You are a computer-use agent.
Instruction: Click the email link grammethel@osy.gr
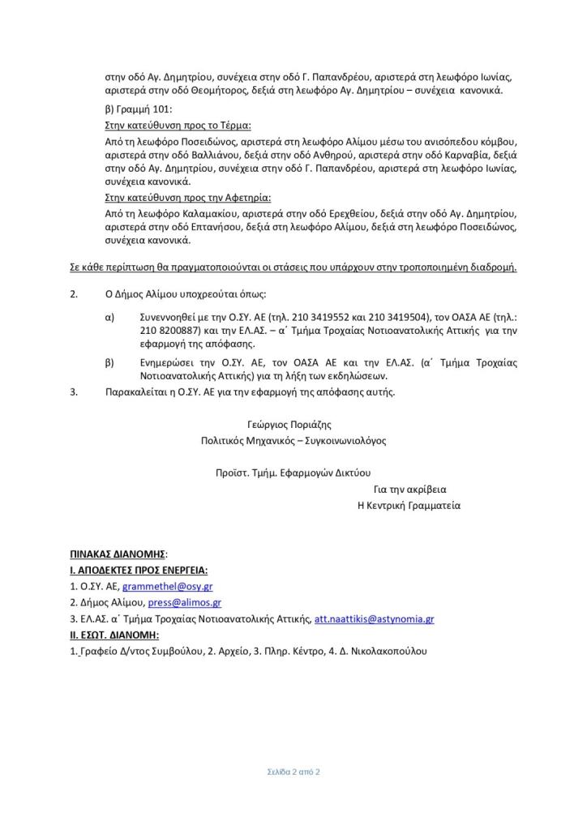pos(167,585)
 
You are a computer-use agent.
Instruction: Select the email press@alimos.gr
pos(188,602)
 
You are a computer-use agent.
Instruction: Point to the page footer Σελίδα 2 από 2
pos(293,772)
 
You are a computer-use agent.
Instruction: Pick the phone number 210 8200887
pos(165,331)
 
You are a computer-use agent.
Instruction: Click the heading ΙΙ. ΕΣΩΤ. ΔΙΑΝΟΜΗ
pos(114,635)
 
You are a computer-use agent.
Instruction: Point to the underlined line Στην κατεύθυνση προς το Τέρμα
pos(178,126)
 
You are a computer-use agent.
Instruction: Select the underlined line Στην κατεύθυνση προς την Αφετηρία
pos(188,197)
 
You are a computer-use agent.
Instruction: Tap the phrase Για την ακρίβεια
pos(410,490)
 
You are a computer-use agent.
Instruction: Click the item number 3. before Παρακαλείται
pos(75,391)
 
